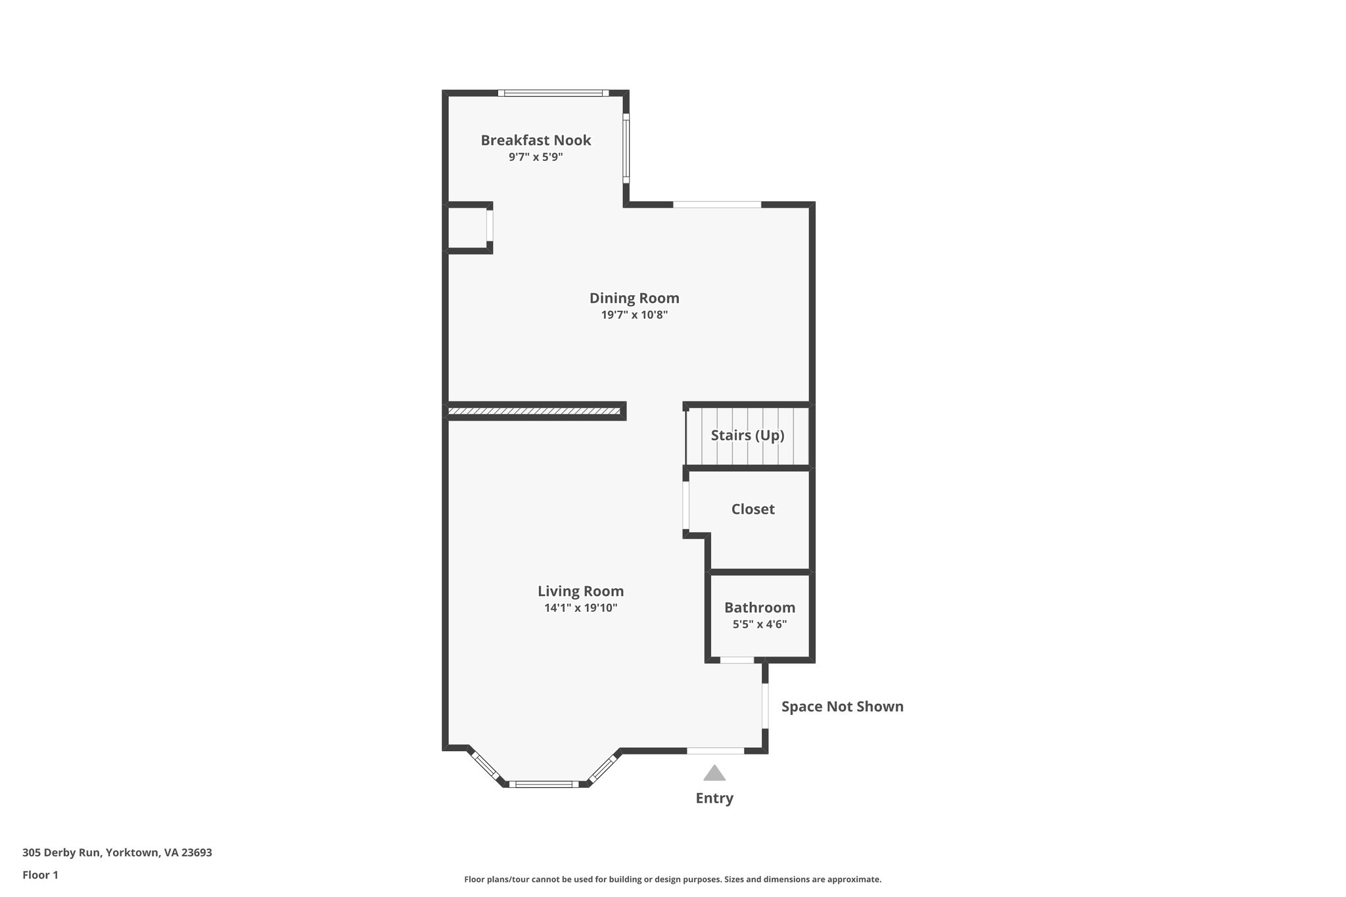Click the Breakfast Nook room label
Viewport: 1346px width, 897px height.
click(536, 140)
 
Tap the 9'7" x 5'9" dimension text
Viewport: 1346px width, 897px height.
click(536, 158)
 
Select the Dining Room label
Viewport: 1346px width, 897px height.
click(634, 298)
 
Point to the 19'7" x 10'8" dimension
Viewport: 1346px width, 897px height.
click(634, 315)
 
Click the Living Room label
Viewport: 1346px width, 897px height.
click(580, 591)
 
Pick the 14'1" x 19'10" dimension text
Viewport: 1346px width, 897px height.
click(580, 608)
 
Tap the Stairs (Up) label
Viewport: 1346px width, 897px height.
click(747, 435)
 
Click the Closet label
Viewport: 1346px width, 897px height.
click(753, 509)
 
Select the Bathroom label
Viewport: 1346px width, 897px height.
click(760, 608)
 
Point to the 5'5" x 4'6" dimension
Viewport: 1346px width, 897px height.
click(760, 624)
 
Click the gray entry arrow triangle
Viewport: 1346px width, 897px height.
click(714, 773)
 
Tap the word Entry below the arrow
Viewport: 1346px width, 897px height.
click(714, 798)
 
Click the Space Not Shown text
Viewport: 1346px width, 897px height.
click(842, 706)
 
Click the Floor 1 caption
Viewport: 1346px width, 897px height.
click(40, 875)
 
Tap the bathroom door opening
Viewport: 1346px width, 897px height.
click(737, 660)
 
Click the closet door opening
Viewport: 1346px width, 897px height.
click(685, 506)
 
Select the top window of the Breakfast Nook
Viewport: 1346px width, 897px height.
click(553, 93)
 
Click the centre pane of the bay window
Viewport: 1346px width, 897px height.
click(544, 783)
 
